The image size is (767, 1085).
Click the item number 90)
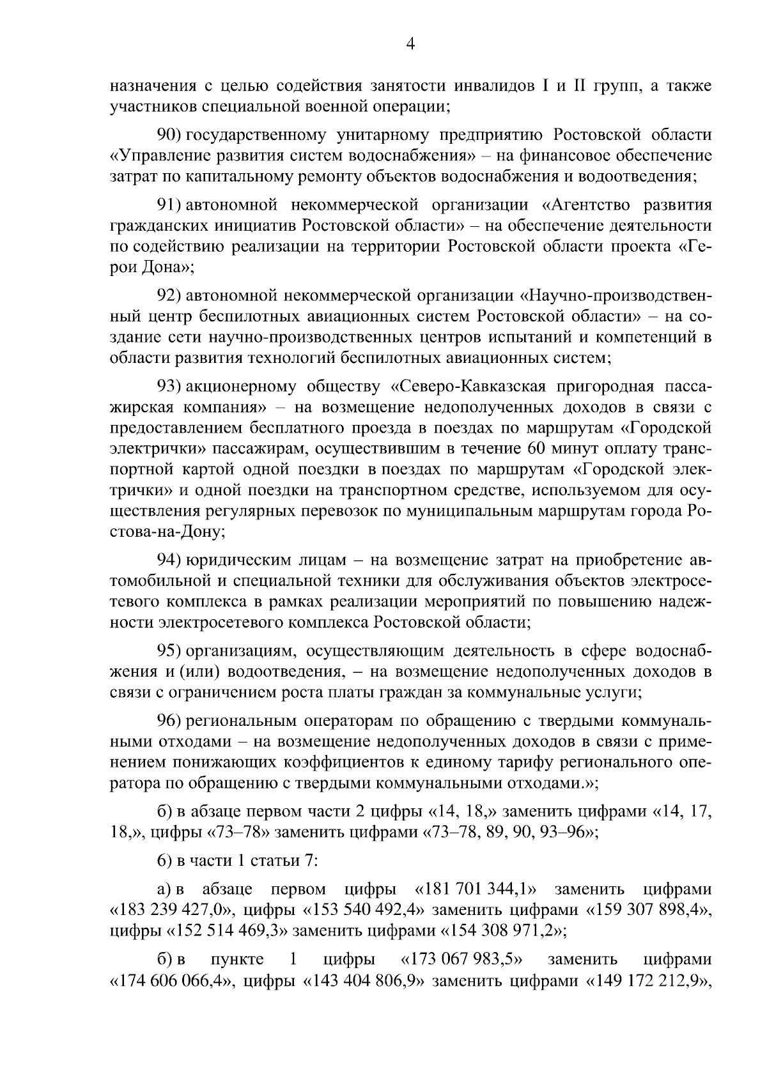click(x=171, y=135)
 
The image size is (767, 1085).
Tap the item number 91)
click(x=171, y=205)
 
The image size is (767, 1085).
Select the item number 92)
click(x=171, y=296)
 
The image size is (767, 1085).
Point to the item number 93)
click(x=171, y=387)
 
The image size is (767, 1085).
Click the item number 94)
click(x=171, y=560)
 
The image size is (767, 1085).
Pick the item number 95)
click(x=171, y=651)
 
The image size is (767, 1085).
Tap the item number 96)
click(x=171, y=721)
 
